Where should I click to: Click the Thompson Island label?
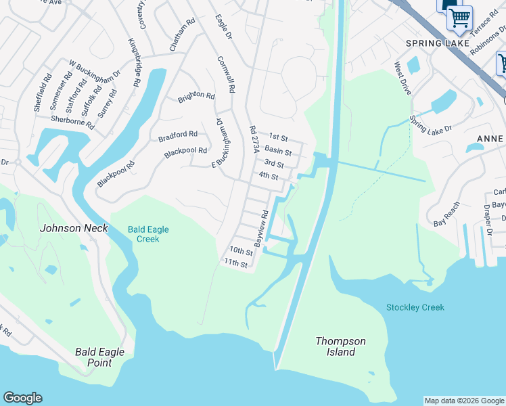click(x=340, y=346)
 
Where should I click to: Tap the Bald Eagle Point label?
click(x=93, y=357)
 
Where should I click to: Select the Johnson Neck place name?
click(x=74, y=228)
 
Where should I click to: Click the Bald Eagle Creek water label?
click(x=148, y=234)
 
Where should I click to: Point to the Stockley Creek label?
click(x=415, y=307)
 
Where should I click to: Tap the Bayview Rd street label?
click(x=261, y=227)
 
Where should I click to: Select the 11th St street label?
click(x=236, y=263)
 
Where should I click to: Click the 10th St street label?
click(x=240, y=251)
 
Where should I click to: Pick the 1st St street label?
click(x=278, y=137)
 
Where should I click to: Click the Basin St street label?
click(x=277, y=150)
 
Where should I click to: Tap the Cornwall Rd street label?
click(x=226, y=74)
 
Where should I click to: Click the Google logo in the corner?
click(x=22, y=398)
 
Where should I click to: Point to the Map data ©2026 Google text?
click(x=464, y=401)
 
